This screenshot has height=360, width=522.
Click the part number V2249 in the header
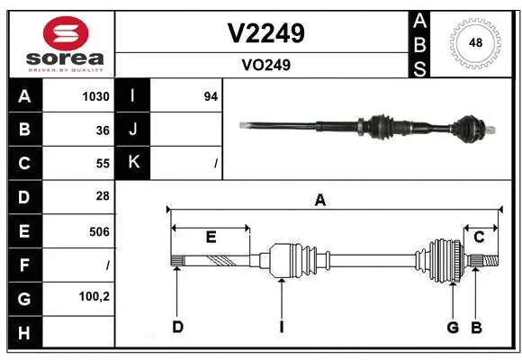(x=265, y=33)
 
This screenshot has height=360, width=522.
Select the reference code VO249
(x=265, y=65)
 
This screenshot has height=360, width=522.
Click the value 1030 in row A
(x=96, y=96)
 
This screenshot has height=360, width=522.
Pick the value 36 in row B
(x=103, y=130)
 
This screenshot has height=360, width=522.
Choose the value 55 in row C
(x=103, y=163)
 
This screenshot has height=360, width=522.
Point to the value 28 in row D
(x=103, y=196)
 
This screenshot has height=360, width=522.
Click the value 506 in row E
(x=99, y=231)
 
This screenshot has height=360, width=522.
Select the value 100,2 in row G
(x=94, y=297)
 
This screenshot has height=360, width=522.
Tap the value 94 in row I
(x=211, y=96)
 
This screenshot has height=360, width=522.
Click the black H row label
(x=24, y=332)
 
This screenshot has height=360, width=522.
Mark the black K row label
(x=133, y=163)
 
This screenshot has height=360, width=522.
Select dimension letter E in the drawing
(x=211, y=238)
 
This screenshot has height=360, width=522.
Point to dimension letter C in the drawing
(x=479, y=238)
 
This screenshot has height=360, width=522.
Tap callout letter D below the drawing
(x=178, y=327)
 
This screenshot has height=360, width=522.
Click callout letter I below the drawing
(x=281, y=327)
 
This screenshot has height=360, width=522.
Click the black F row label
(x=24, y=265)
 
